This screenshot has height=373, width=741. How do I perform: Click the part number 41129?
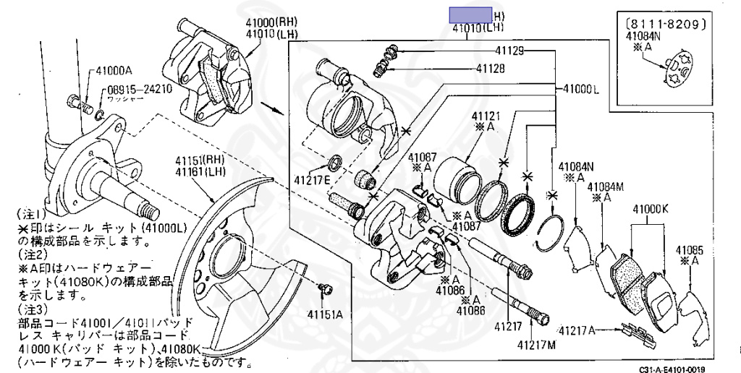510,51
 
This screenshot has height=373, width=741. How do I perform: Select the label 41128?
491,69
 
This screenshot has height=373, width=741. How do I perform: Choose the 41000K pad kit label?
649,210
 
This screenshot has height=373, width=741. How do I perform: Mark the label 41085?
690,251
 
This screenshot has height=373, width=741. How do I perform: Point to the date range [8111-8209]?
664,23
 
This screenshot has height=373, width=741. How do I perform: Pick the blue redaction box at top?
470,14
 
